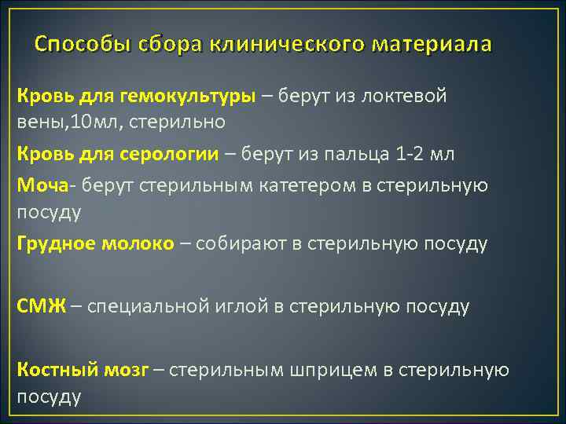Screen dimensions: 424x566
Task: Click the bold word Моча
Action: (x=41, y=185)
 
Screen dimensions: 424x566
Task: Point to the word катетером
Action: (x=296, y=185)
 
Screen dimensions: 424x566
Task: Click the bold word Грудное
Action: (x=57, y=243)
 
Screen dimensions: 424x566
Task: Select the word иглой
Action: (x=239, y=305)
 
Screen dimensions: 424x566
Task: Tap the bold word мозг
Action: (x=126, y=369)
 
